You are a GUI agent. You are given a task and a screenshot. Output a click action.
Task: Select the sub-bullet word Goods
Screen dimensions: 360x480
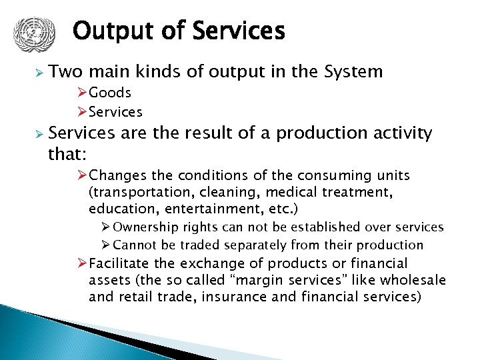(110, 93)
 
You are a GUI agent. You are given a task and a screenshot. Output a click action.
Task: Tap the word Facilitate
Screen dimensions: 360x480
(119, 263)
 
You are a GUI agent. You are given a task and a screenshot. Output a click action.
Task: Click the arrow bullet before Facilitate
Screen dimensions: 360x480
(83, 263)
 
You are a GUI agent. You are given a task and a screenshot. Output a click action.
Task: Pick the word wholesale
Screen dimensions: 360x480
(417, 280)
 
